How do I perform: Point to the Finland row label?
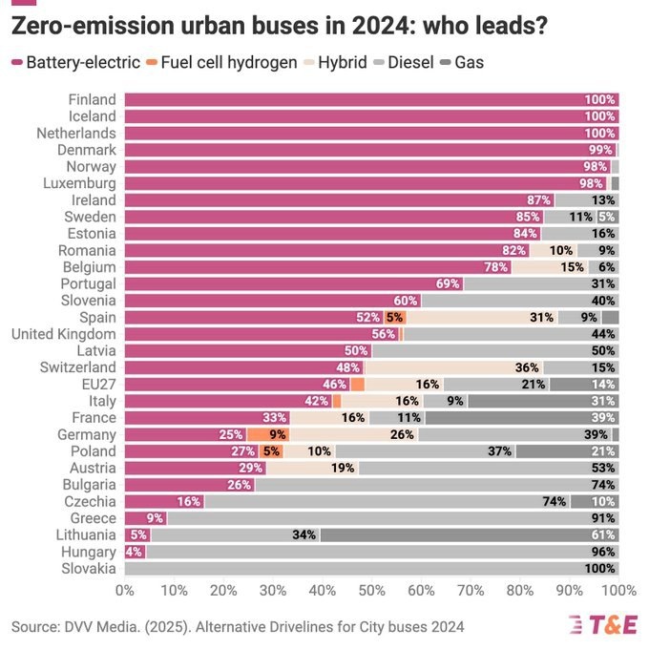(x=93, y=99)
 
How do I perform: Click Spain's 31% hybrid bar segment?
(x=481, y=317)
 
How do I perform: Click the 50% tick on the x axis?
(x=372, y=591)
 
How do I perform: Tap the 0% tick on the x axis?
(x=124, y=591)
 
